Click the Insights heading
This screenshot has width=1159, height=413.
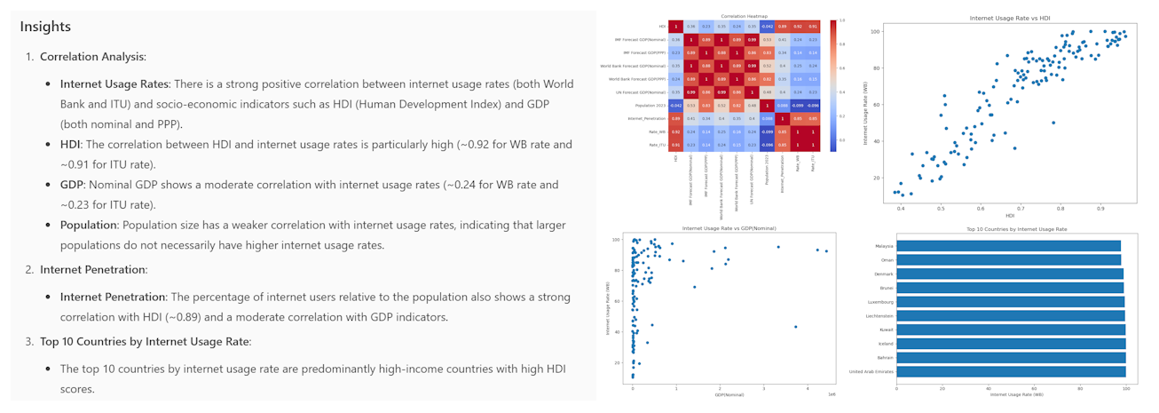coord(45,27)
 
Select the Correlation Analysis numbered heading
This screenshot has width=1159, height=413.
coord(92,57)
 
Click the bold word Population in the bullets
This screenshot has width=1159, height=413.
coord(88,226)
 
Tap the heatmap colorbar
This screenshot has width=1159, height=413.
coord(832,84)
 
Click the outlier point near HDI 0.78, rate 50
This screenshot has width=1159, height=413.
coord(1053,123)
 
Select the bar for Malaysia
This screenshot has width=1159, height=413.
coord(1009,246)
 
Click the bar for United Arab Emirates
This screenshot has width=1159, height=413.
coord(1011,371)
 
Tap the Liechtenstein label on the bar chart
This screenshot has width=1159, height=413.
coord(872,316)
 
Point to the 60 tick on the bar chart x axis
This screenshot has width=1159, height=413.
coord(1034,387)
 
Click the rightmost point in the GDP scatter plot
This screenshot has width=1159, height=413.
coord(826,251)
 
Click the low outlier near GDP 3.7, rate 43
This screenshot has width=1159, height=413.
coord(796,327)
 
